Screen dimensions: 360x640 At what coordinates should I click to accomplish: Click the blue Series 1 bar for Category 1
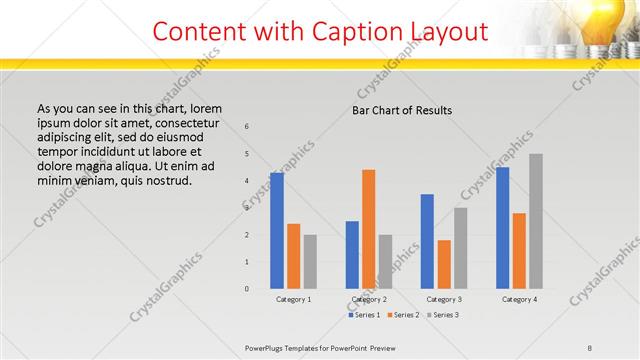click(x=277, y=230)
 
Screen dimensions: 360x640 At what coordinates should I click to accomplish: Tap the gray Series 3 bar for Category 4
click(x=536, y=221)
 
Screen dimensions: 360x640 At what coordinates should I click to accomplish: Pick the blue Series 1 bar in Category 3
click(x=427, y=241)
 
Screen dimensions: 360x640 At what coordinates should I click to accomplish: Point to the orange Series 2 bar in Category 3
click(x=444, y=264)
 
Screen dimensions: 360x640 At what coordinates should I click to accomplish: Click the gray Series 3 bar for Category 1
click(x=310, y=261)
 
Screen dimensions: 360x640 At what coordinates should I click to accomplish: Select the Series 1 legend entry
click(x=362, y=315)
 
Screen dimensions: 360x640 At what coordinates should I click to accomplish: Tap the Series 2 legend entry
click(x=403, y=315)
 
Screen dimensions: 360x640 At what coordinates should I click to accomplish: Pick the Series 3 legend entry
click(x=444, y=315)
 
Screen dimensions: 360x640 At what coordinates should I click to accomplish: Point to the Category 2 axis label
click(x=369, y=299)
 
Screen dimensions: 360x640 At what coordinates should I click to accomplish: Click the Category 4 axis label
click(x=519, y=299)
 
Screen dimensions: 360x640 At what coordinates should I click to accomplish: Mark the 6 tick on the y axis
click(x=247, y=127)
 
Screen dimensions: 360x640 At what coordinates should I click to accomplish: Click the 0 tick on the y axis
click(x=247, y=289)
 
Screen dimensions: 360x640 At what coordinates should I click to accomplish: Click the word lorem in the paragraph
click(x=204, y=108)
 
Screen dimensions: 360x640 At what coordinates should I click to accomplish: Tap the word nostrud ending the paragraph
click(x=167, y=181)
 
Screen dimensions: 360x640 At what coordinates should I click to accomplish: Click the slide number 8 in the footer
click(x=590, y=347)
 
